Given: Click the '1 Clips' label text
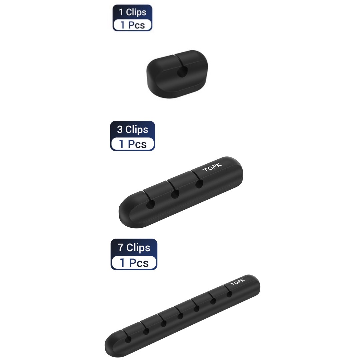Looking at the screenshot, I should [x=132, y=12].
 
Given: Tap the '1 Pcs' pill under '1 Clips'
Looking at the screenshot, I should [x=132, y=25].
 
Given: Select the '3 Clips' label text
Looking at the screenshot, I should [x=132, y=129].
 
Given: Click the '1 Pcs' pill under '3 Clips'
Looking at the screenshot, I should [x=132, y=144].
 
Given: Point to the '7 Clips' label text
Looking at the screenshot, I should [x=134, y=247].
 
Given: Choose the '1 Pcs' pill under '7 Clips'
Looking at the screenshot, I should [x=134, y=262].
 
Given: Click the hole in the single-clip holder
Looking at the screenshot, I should [x=182, y=71].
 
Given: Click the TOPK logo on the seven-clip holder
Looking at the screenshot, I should [x=238, y=282].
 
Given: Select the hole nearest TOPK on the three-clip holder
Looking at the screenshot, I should [x=199, y=184].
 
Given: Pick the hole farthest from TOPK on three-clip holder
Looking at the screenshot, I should [x=150, y=205].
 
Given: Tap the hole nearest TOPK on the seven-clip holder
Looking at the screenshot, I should [x=229, y=294].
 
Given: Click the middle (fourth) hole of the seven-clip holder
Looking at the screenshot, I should [x=180, y=316].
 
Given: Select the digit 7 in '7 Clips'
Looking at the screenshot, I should [x=121, y=248].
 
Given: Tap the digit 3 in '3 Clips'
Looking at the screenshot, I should [x=120, y=129].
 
